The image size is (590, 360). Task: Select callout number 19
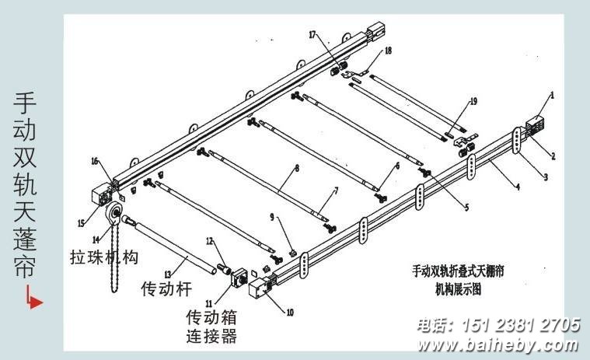(x=473, y=102)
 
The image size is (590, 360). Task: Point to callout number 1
(x=552, y=96)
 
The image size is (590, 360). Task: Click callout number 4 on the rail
(x=516, y=187)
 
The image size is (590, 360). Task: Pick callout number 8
(x=296, y=167)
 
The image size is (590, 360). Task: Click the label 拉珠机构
(x=103, y=257)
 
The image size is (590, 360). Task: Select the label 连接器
(x=211, y=337)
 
